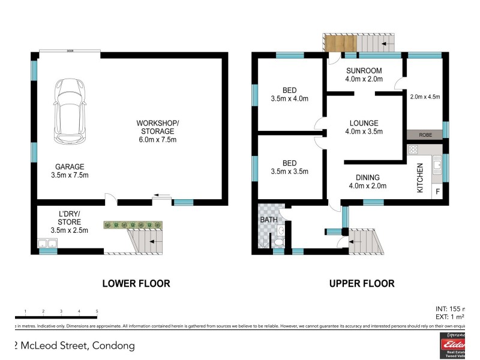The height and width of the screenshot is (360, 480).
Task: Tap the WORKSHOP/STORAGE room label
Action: tap(157, 131)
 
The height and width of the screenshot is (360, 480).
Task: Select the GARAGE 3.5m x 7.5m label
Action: tap(70, 171)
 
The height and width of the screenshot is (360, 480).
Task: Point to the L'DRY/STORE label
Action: tap(69, 222)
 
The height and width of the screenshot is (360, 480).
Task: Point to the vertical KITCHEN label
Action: tap(421, 178)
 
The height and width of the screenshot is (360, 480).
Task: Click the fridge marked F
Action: tap(437, 193)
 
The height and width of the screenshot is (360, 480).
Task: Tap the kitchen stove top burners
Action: tap(413, 150)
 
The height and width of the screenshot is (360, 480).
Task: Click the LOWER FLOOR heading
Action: tap(136, 283)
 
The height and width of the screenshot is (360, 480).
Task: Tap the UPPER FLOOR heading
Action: tap(362, 283)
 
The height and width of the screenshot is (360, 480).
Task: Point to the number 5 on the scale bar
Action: tap(97, 311)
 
